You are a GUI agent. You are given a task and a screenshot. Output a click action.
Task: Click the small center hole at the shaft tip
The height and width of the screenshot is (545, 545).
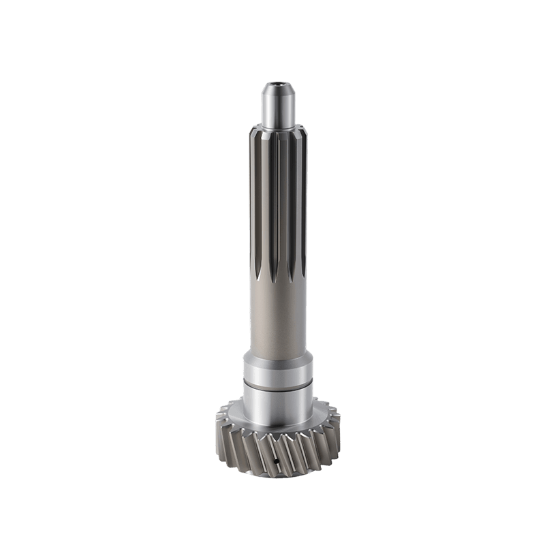[x=277, y=86]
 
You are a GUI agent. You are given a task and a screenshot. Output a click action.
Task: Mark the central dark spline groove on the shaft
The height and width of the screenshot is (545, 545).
[x=279, y=204]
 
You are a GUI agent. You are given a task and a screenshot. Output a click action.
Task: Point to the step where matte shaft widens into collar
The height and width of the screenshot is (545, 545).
[x=277, y=357]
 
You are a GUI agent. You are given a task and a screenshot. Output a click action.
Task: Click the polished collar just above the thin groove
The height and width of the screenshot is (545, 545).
[x=277, y=371]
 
